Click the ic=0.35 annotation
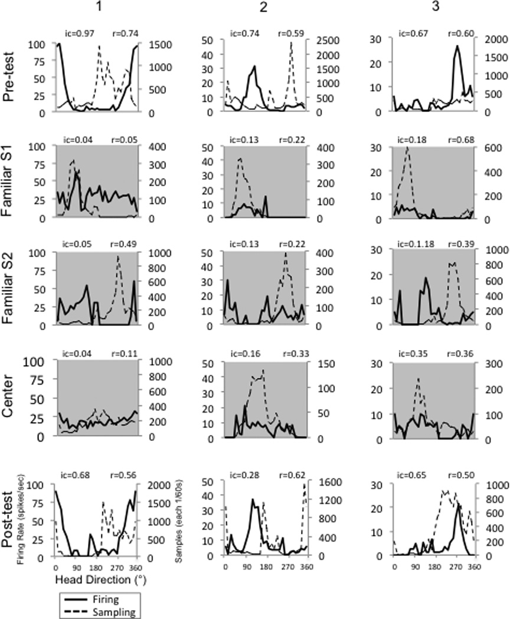coord(411,355)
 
